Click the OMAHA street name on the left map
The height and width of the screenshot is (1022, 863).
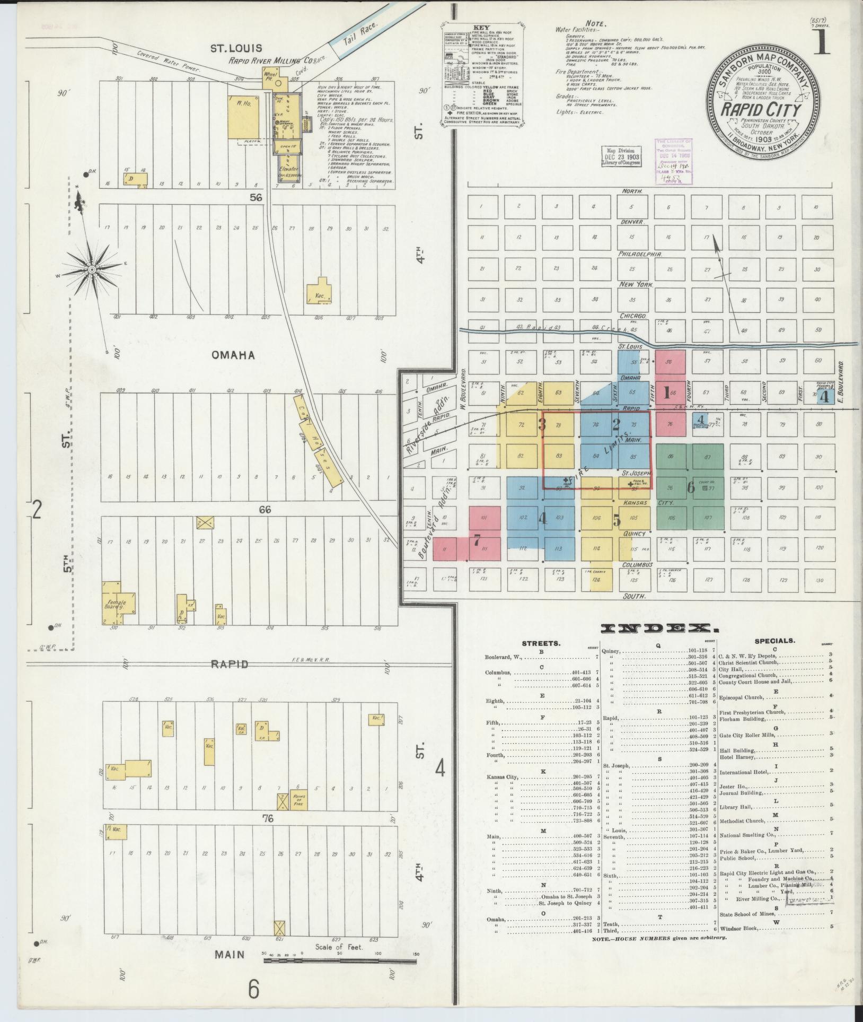coord(233,355)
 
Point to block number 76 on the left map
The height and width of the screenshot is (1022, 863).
coord(267,834)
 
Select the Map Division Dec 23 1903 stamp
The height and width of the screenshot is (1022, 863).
coord(622,157)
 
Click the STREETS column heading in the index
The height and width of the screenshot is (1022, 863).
coord(541,643)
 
